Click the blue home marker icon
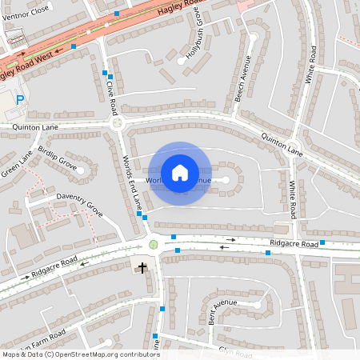coord(180,173)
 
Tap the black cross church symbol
coord(144,266)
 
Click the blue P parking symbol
coord(21,99)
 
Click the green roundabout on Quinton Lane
coord(118,122)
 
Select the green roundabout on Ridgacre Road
coord(154,244)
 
